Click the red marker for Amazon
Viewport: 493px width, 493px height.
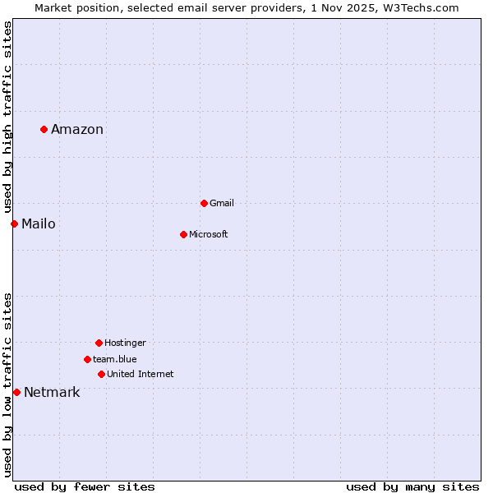point(44,129)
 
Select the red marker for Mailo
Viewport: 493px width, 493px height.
point(14,223)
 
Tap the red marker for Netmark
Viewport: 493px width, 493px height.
point(16,392)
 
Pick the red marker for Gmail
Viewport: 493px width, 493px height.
point(204,203)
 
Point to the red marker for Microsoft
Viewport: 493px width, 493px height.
point(183,234)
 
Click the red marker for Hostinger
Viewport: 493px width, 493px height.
point(99,343)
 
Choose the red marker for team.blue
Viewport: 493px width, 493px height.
point(87,359)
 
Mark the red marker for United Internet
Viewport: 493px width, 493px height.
point(101,374)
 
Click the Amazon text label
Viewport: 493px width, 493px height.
point(77,129)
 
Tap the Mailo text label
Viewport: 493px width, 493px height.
point(39,223)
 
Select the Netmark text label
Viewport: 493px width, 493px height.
point(52,392)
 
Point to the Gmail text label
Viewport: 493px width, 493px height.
point(222,203)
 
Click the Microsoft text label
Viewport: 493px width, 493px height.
point(209,234)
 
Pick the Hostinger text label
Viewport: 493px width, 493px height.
point(125,343)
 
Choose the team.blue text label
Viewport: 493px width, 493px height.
point(115,359)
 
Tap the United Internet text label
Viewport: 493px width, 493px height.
point(141,374)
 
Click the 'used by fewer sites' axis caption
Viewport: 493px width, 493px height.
point(85,486)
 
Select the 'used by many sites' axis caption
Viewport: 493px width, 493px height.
point(412,486)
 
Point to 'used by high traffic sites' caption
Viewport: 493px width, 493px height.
point(8,115)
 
